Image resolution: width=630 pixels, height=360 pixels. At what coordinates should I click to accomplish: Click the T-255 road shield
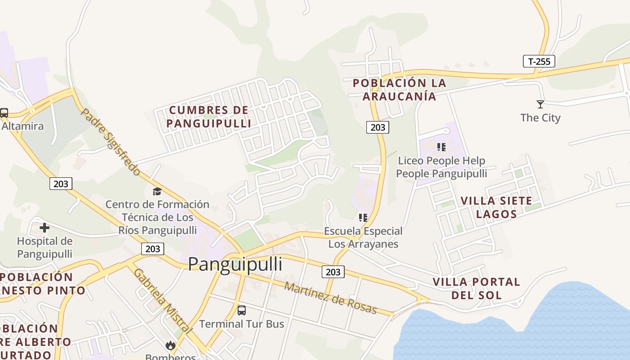coord(539,61)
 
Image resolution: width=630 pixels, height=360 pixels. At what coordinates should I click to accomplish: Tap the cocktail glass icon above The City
coord(540,104)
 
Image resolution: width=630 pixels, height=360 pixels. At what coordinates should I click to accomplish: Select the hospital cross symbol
coord(45,228)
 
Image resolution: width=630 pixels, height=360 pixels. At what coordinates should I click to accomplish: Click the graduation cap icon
coord(157,191)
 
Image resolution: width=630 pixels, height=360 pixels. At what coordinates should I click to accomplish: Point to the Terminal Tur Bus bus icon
coord(242,310)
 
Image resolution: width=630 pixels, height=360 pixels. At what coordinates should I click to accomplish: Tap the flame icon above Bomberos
coord(170,345)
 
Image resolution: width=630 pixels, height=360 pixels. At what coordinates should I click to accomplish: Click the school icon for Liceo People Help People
coord(441,147)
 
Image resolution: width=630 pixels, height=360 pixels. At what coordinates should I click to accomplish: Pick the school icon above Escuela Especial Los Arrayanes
coord(363,218)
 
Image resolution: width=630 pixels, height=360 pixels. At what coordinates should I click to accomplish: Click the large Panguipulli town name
coord(235,264)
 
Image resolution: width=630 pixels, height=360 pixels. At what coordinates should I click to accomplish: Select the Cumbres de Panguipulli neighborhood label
coord(208,117)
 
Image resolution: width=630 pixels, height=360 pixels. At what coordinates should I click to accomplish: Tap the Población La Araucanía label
coord(399,90)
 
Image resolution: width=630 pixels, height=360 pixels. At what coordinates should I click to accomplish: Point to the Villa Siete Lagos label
coord(496,207)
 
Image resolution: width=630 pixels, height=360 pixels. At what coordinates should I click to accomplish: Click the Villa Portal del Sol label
coord(476,288)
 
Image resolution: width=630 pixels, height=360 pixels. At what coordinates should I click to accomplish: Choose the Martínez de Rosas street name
coord(331,298)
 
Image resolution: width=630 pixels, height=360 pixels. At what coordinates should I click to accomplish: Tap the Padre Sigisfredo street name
coord(111,141)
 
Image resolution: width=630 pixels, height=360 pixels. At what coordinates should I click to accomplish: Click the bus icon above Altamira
coord(4,112)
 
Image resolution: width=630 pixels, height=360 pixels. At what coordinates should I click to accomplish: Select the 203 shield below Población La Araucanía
coord(377,127)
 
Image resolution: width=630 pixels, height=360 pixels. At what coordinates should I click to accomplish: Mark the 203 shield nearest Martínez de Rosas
coord(333,272)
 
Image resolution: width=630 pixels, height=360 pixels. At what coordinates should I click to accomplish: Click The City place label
coord(540,118)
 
